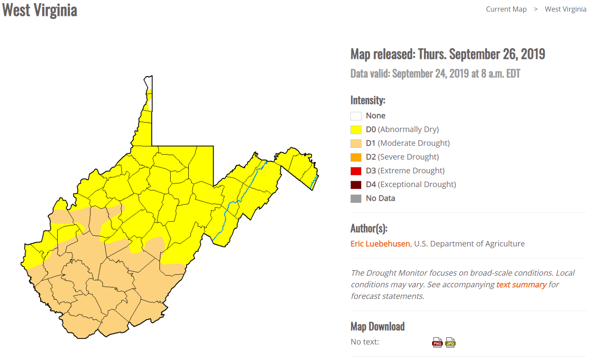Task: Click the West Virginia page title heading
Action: coord(40,10)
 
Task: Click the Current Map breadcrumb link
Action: coord(506,9)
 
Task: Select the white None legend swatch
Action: coord(356,116)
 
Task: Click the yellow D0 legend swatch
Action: coord(356,129)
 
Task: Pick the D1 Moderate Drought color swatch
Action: coord(356,143)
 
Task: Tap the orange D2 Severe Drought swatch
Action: coord(356,157)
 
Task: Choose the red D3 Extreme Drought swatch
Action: coord(356,171)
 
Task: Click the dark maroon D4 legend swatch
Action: coord(356,185)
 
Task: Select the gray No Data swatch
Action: coord(356,198)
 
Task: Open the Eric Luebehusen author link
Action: coord(380,244)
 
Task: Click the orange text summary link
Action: coord(521,285)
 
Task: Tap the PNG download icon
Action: coord(437,342)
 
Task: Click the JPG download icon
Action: coord(450,342)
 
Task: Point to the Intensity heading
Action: coord(368,100)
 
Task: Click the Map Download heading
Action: coord(377,326)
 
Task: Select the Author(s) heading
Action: coord(369,228)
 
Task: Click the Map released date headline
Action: coord(448,54)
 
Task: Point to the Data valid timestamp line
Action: coord(435,74)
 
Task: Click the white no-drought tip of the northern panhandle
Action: coord(148,82)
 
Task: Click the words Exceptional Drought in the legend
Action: coord(417,185)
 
